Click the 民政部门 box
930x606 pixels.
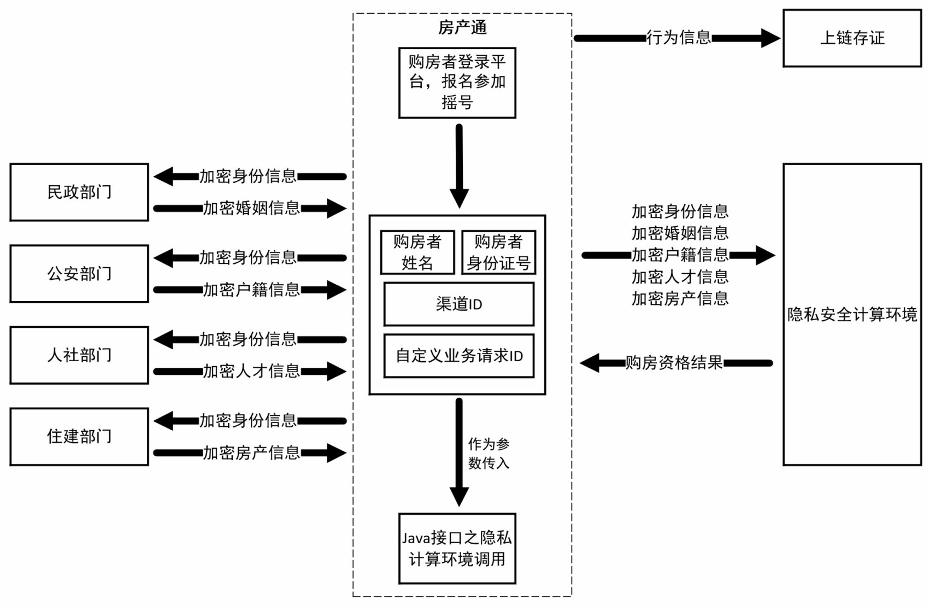click(79, 192)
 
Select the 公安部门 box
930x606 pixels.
click(79, 274)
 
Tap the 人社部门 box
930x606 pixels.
click(79, 355)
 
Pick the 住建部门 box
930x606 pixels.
click(79, 437)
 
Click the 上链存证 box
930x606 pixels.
click(852, 38)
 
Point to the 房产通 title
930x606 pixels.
click(462, 27)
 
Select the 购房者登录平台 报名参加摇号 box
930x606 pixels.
click(457, 83)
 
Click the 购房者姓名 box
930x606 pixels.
click(417, 252)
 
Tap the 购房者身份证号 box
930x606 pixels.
click(498, 252)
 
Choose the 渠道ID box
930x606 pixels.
click(459, 304)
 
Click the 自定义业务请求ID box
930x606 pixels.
click(459, 356)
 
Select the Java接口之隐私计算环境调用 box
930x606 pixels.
click(457, 549)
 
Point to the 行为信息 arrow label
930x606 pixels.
click(679, 38)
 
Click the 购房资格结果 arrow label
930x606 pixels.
click(674, 363)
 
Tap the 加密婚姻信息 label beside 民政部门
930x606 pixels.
click(251, 208)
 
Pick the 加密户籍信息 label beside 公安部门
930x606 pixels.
click(251, 290)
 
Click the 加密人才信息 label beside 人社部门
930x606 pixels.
click(251, 372)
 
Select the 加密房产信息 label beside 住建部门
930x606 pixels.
click(251, 453)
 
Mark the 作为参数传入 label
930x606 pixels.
click(488, 454)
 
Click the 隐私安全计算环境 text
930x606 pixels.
click(852, 315)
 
